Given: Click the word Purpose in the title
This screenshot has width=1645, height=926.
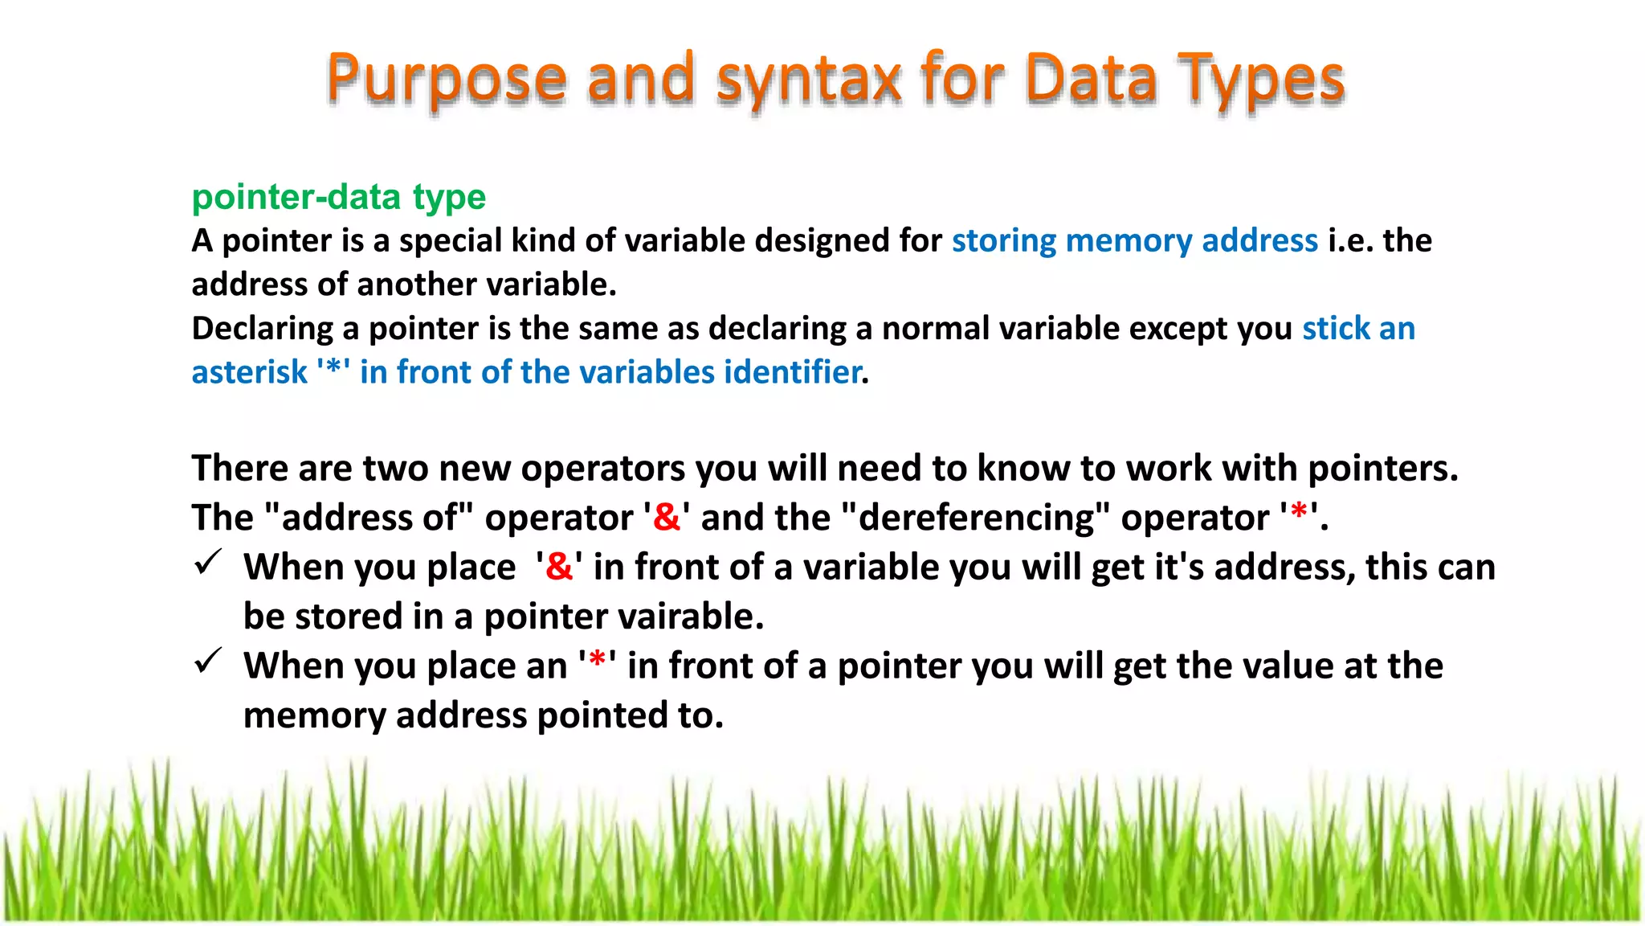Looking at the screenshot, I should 447,79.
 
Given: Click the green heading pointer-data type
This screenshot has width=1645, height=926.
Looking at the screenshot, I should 338,197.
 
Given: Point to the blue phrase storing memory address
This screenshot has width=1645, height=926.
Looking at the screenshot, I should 1134,240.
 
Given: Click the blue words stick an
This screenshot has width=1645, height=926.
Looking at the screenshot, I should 1358,329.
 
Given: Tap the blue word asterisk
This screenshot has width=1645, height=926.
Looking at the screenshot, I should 249,373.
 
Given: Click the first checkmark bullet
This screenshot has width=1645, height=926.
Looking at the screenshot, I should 208,563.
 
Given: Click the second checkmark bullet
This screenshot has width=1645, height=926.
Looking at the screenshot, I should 208,662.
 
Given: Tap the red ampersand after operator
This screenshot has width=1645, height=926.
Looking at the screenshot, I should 667,517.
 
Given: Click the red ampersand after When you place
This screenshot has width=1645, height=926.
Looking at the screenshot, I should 559,567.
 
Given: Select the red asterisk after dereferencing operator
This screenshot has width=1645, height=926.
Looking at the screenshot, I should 1298,513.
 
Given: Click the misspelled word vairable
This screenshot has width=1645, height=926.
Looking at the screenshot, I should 689,617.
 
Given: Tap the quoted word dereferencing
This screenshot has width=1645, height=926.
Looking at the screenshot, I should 975,518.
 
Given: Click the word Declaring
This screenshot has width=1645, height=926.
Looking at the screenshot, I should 262,329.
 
